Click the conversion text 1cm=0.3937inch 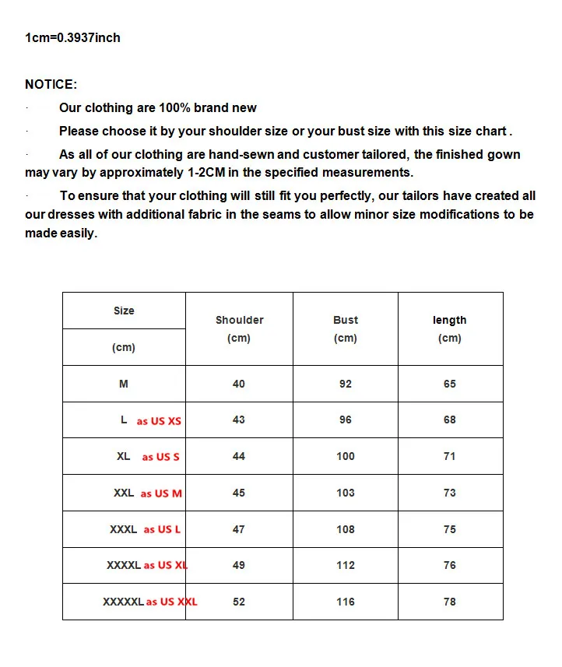[x=72, y=37]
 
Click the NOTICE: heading [x=51, y=84]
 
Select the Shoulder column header [x=239, y=320]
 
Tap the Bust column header [x=346, y=320]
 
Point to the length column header [x=450, y=320]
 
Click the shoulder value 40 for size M [x=239, y=384]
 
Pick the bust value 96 [x=346, y=420]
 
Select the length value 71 [x=450, y=456]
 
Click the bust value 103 [x=346, y=493]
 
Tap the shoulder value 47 [x=239, y=529]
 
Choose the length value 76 [x=450, y=565]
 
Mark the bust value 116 [x=346, y=602]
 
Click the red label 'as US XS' [x=159, y=421]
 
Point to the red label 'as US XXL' [x=172, y=602]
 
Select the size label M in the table [x=124, y=384]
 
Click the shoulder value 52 [x=239, y=602]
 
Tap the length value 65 [x=450, y=384]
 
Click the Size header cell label [x=124, y=311]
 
